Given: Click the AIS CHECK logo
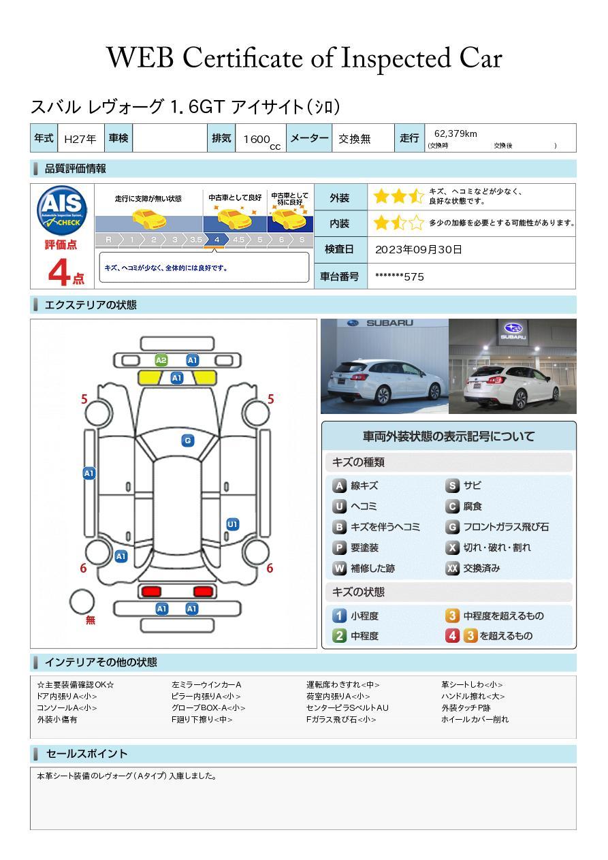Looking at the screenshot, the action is point(62,210).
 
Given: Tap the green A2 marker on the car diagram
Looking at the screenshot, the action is point(161,360).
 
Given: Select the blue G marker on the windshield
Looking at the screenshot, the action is point(188,441).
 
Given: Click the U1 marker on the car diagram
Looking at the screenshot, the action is point(233,524).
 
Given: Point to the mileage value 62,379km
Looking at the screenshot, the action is point(455,133).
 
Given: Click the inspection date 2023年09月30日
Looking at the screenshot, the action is point(419,249).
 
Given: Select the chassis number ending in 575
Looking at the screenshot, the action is point(400,277).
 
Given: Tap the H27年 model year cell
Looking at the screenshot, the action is point(80,139).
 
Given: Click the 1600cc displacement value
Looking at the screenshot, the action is point(261,141).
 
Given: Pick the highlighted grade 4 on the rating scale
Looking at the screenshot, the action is point(217,240).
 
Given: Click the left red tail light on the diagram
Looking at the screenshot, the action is point(151,591).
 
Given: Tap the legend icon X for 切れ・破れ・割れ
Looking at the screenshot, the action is point(452,547).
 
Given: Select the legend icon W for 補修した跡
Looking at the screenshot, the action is point(339,568).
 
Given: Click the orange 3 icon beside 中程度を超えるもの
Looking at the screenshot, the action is point(452,616).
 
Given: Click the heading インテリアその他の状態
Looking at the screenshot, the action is point(101,663).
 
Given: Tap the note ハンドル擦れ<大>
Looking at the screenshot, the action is point(473,696).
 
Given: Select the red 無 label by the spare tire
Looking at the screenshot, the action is point(90,620).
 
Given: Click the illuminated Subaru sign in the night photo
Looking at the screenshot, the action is point(513,330).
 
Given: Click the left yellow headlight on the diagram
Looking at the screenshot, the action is point(150,378).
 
